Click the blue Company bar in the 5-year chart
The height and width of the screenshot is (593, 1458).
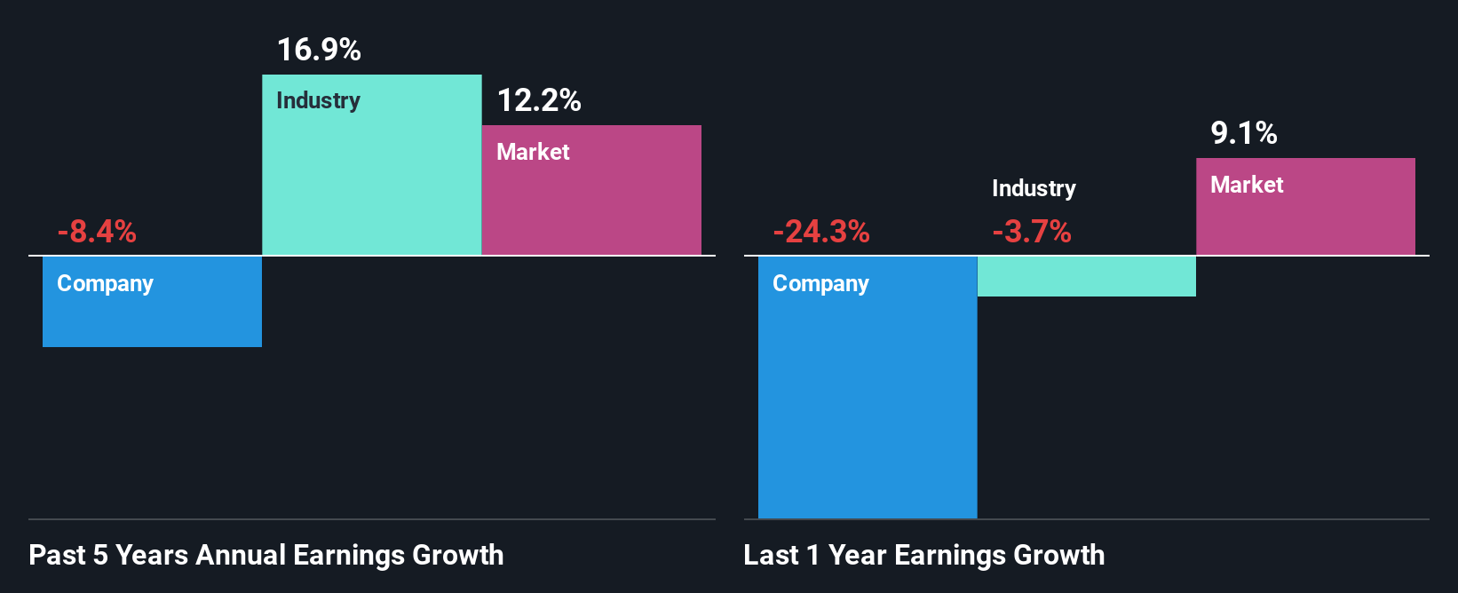[x=152, y=315]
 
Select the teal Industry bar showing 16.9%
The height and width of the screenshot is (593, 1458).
[x=371, y=178]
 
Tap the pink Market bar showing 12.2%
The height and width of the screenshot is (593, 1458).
[x=591, y=204]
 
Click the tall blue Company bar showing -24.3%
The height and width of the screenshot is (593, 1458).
[x=868, y=399]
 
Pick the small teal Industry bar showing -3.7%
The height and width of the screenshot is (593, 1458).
[x=1086, y=276]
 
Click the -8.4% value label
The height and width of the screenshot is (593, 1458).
[x=97, y=232]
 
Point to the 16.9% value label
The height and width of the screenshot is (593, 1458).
[x=319, y=50]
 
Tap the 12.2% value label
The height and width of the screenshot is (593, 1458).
[x=539, y=100]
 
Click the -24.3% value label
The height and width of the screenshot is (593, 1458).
[x=821, y=232]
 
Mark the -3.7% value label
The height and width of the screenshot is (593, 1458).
[x=1032, y=232]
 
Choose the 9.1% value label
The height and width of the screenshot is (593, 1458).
[x=1244, y=133]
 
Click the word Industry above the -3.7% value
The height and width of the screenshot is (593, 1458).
[x=1034, y=188]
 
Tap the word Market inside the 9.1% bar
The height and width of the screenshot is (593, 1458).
[x=1247, y=185]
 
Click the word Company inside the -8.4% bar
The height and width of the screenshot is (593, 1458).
[x=105, y=283]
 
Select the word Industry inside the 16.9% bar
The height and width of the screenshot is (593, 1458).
[x=318, y=100]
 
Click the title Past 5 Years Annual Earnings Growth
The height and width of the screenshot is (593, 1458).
[x=266, y=555]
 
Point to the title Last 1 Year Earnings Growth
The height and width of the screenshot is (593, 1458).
[x=924, y=555]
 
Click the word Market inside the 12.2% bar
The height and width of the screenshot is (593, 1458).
[x=533, y=152]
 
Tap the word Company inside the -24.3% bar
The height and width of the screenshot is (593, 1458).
[x=820, y=283]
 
